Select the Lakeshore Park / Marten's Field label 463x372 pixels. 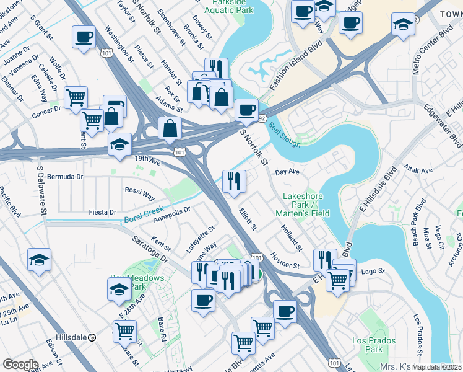[306, 205]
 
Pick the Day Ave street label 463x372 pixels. [287, 172]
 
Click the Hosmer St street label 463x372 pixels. [285, 260]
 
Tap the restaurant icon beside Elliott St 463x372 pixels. [234, 182]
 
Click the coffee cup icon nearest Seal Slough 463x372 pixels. [247, 110]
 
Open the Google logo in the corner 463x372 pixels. [20, 365]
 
